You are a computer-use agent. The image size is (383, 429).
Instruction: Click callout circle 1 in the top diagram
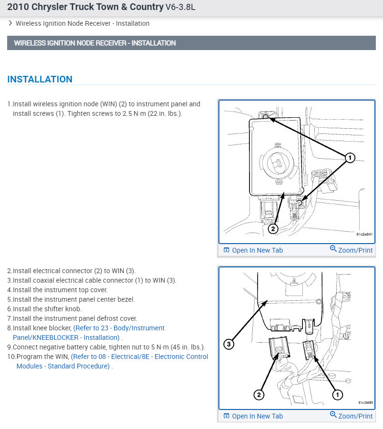(x=350, y=157)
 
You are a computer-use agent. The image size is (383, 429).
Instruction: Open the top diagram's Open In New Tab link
(x=253, y=250)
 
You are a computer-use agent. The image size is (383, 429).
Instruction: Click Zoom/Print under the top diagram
(x=352, y=250)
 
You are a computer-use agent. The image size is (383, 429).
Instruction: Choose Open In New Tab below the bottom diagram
(x=253, y=416)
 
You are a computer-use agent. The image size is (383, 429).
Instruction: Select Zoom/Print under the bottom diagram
(x=352, y=416)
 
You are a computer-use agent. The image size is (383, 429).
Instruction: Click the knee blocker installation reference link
(x=90, y=333)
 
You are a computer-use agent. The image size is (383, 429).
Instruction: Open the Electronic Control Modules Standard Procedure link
(x=113, y=361)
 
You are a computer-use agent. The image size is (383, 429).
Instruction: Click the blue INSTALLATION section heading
(x=40, y=80)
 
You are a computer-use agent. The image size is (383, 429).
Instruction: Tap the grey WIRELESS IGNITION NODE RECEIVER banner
(x=95, y=43)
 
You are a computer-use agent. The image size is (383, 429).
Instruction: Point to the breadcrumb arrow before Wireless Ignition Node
(x=10, y=23)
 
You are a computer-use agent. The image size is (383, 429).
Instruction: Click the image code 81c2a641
(x=364, y=235)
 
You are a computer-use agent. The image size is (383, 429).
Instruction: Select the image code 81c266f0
(x=365, y=403)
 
